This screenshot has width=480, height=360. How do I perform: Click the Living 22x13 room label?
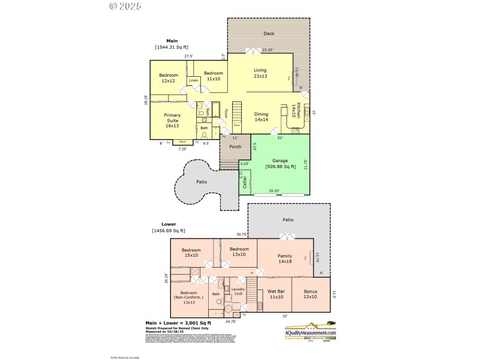click(x=260, y=73)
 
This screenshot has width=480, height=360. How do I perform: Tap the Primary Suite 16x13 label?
click(x=172, y=120)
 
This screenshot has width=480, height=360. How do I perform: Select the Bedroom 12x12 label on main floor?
click(x=169, y=78)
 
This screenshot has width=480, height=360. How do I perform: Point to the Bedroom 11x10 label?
click(x=213, y=76)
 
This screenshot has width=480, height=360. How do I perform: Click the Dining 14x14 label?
click(x=261, y=117)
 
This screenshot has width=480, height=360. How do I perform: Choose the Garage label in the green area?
click(x=281, y=163)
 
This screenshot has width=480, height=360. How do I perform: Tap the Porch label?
click(x=235, y=146)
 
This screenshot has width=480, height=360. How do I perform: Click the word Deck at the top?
click(x=269, y=34)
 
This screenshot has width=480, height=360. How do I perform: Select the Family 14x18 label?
click(x=286, y=259)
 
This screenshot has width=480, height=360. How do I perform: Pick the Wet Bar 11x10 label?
click(x=276, y=294)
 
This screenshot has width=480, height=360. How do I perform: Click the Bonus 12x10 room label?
click(x=310, y=294)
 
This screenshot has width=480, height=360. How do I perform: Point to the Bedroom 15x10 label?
click(x=191, y=252)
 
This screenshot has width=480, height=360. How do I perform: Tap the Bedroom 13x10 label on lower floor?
click(x=239, y=251)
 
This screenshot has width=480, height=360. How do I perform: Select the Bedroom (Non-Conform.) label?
click(x=188, y=297)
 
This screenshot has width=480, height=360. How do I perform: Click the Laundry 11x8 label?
click(x=238, y=291)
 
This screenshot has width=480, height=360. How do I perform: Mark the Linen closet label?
click(x=193, y=80)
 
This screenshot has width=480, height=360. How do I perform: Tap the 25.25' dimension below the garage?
click(x=274, y=191)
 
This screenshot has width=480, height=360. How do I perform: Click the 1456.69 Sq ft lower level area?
click(x=169, y=230)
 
